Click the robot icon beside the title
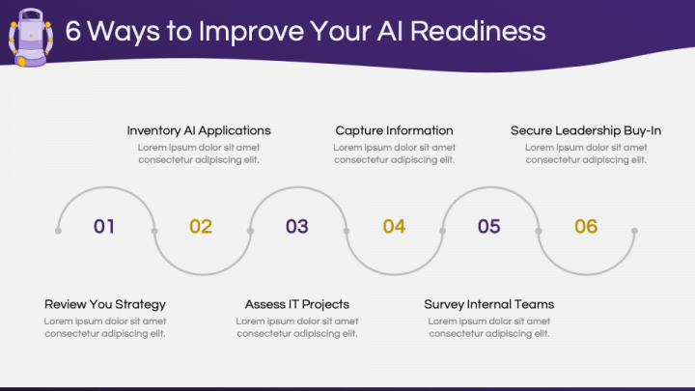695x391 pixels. coord(30,37)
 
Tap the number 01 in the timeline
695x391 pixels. coord(104,227)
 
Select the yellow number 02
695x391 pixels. coord(200,227)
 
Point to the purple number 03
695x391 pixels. coord(296,227)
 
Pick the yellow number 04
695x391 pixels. coord(394,227)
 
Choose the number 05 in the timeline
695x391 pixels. coord(489,227)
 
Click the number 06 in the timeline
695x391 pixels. coord(586,227)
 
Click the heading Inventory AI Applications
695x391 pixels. coord(199,130)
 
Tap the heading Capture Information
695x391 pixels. coord(394,130)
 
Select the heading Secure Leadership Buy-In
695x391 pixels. coord(586,130)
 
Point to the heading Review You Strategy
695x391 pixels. coord(105,304)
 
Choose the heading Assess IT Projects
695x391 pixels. coord(297,304)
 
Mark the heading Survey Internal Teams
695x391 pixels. coord(488,304)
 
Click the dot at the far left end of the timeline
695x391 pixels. coord(59,231)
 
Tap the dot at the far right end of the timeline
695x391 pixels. coord(634,231)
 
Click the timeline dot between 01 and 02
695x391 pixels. coord(154,231)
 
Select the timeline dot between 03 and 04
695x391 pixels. coord(347,231)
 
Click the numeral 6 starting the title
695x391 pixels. coord(72,31)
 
